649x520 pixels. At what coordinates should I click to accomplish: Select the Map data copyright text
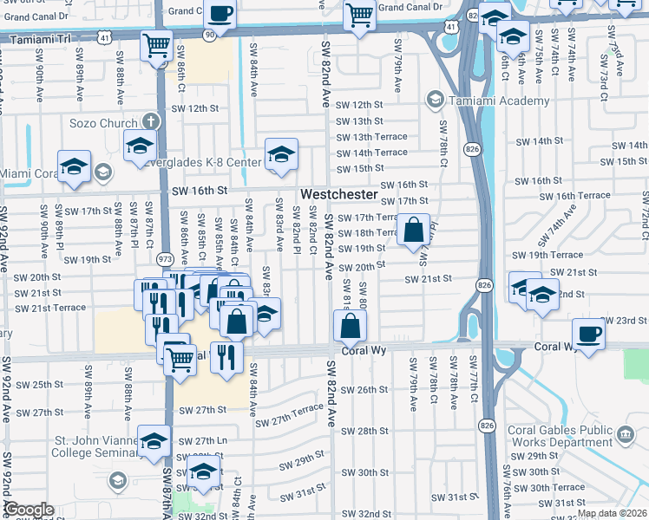pos(613,513)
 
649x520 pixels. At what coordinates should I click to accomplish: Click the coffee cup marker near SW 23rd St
pos(588,335)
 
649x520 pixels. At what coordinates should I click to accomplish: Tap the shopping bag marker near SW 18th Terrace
pos(415,231)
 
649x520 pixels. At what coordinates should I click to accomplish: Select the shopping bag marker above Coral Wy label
pos(350,327)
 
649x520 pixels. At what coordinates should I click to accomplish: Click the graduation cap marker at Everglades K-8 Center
pos(281,154)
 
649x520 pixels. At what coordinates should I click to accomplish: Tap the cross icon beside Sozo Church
pos(151,123)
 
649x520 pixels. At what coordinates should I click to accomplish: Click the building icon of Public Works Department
pos(623,432)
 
